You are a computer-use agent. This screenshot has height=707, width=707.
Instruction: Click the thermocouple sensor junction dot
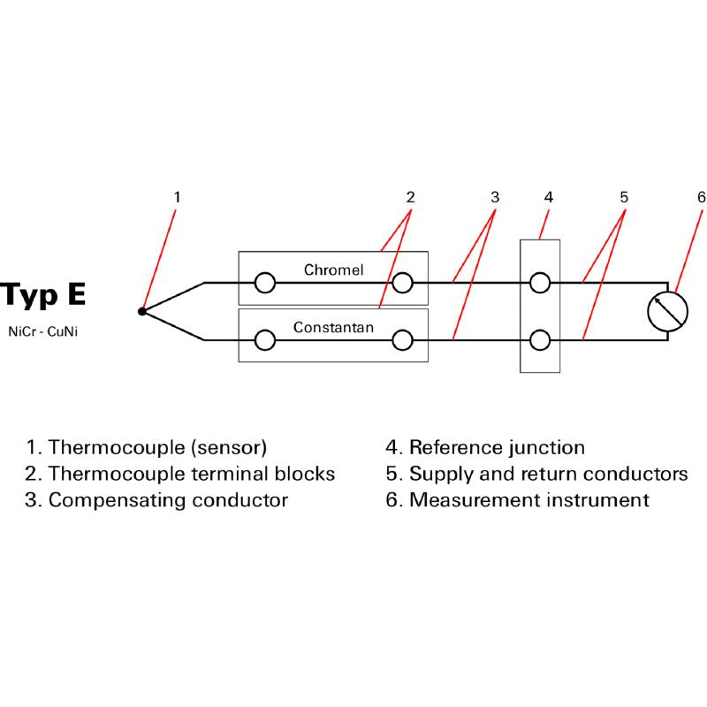[x=142, y=311]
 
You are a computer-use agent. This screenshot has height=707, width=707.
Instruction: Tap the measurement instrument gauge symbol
[x=667, y=310]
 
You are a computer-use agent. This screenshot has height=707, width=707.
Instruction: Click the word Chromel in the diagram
[x=333, y=270]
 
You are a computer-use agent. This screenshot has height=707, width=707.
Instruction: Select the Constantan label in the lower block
[x=333, y=327]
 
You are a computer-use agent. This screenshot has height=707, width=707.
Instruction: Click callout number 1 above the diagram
[x=177, y=196]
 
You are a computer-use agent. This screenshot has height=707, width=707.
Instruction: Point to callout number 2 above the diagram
[x=410, y=196]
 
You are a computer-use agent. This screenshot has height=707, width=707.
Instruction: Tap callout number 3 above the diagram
[x=495, y=196]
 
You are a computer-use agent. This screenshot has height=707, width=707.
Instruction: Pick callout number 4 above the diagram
[x=548, y=196]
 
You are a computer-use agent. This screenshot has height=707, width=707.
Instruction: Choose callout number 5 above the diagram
[x=624, y=196]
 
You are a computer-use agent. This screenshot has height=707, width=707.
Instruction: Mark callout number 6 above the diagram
[x=701, y=196]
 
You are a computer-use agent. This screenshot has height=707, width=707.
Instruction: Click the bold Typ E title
[x=44, y=294]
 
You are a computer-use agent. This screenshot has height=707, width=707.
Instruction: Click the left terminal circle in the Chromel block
[x=264, y=283]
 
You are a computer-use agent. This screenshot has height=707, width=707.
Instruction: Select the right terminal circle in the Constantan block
[x=403, y=340]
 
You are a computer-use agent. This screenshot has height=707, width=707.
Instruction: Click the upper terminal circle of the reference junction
[x=540, y=283]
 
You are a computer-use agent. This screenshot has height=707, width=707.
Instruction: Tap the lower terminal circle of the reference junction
[x=540, y=340]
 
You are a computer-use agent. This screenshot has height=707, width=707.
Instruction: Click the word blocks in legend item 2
[x=308, y=474]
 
